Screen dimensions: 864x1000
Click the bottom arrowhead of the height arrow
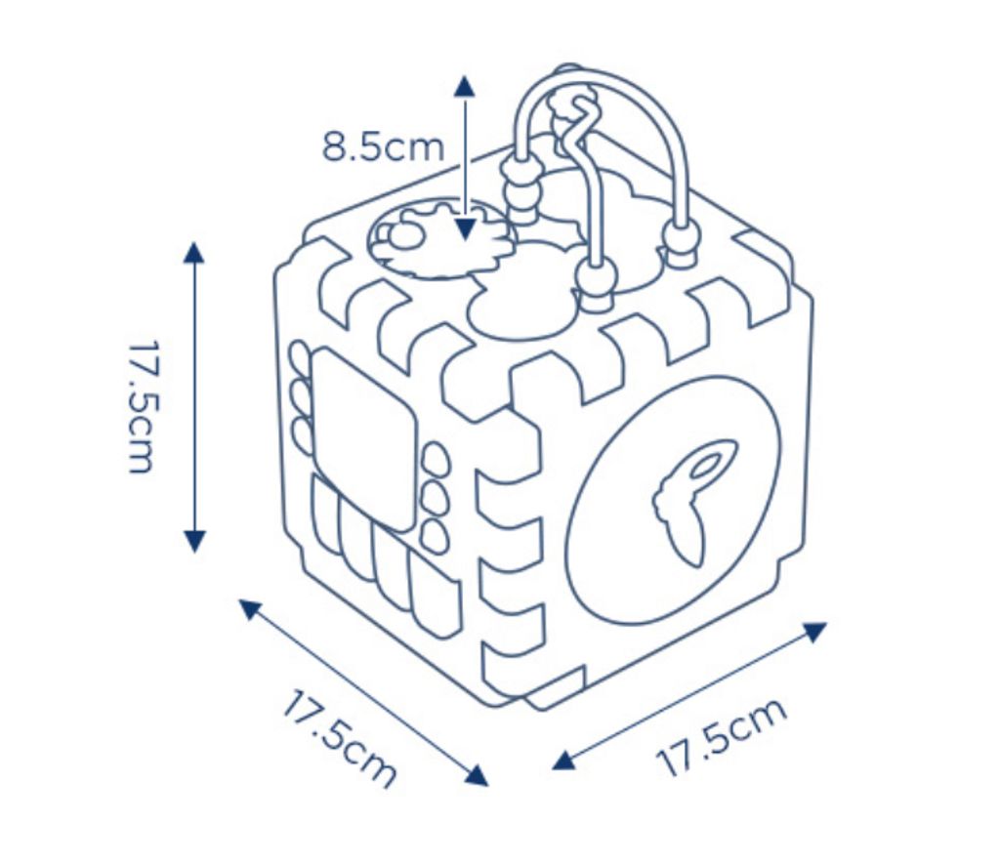coord(195,539)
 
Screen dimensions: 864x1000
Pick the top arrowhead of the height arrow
coord(194,252)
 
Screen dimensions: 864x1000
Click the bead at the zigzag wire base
coord(593,275)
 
